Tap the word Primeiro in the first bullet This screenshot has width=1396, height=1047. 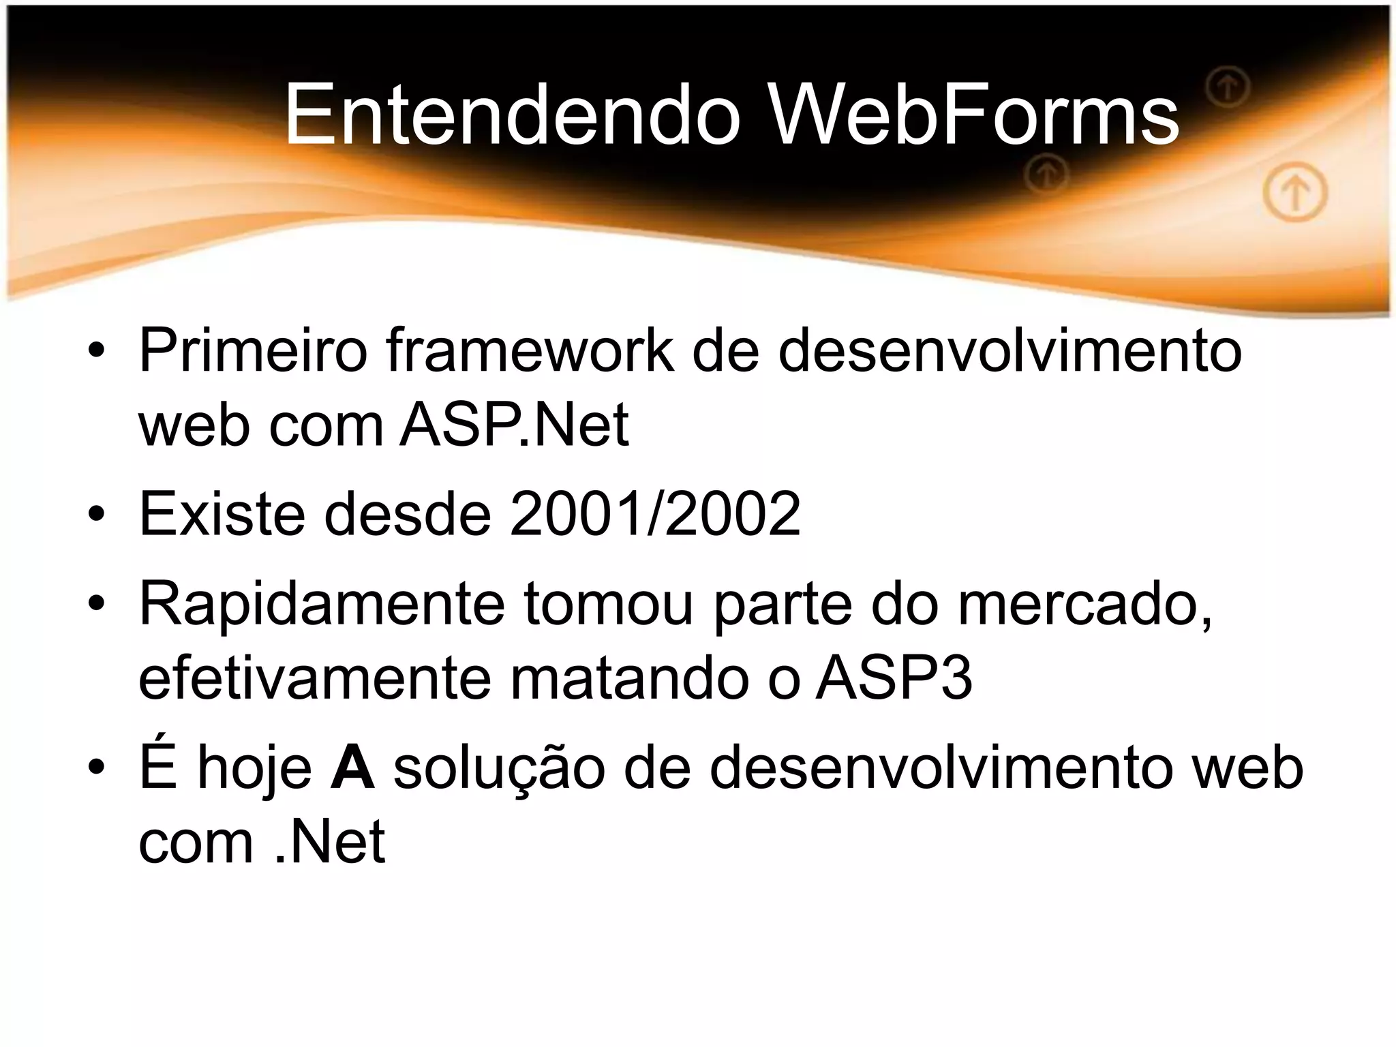253,351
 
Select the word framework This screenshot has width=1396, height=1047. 529,351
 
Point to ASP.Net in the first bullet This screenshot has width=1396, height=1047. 514,425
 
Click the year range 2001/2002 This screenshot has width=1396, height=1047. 654,513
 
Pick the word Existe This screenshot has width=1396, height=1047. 222,513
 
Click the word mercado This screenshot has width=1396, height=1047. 1084,603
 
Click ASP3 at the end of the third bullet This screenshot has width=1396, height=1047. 894,678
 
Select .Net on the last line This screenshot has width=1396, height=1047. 330,843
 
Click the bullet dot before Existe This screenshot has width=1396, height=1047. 96,515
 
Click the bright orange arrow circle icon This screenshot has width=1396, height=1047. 1295,194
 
